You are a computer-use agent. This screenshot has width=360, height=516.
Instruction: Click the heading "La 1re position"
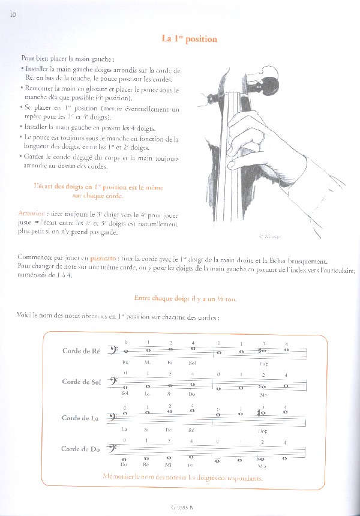(x=189, y=39)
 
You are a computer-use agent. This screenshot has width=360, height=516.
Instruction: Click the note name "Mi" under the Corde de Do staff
(x=169, y=464)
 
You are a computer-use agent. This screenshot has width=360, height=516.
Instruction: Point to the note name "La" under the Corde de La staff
(x=125, y=430)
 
